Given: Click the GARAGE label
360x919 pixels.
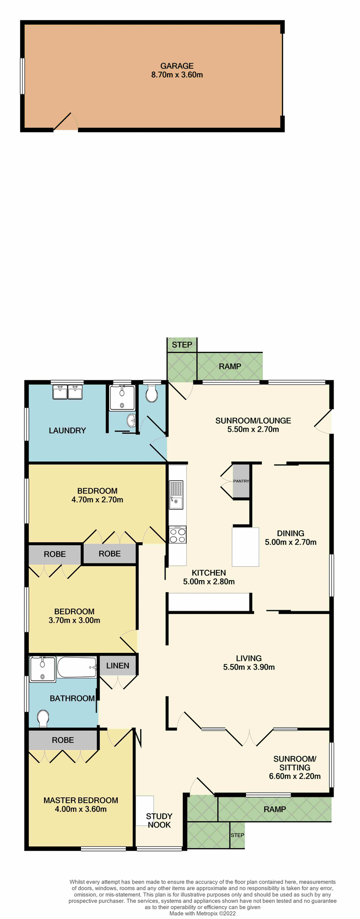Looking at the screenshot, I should [x=177, y=66].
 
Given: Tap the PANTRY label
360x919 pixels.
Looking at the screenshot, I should [x=241, y=481].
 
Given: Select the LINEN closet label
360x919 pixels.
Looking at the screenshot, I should [x=118, y=665].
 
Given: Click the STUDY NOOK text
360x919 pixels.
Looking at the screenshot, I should [x=159, y=820].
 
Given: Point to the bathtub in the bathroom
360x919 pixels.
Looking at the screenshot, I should [x=77, y=667].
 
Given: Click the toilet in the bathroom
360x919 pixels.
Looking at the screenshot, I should [x=43, y=717].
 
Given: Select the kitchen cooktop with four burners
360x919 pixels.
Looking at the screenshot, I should [x=178, y=535].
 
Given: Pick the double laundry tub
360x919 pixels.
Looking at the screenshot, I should [x=67, y=392].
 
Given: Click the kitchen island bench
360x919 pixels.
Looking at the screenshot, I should [x=246, y=547].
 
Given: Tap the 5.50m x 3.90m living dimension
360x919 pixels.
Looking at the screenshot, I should [x=249, y=667].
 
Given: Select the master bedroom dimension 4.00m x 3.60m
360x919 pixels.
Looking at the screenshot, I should [x=81, y=809].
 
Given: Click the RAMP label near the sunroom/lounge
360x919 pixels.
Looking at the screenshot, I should [x=230, y=367].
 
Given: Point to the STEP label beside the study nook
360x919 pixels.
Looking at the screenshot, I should [x=237, y=835].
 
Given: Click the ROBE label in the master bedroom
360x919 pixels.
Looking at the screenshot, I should [x=63, y=740].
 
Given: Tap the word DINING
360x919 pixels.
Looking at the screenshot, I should [x=291, y=533].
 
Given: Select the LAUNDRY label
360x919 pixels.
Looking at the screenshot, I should [x=67, y=430].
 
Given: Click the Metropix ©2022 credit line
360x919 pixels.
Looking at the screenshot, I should [x=203, y=913].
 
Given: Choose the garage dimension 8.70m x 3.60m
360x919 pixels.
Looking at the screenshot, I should [x=177, y=75].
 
